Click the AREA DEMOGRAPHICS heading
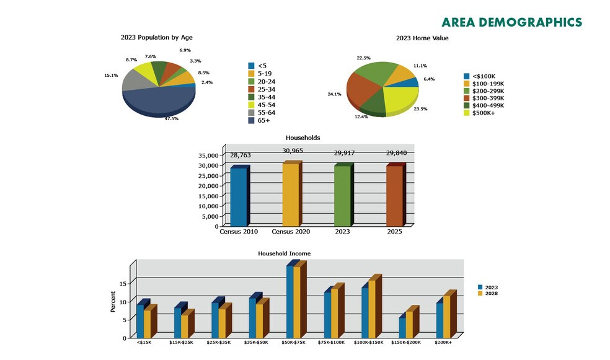tap(511, 23)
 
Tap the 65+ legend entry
tap(262, 121)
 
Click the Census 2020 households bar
tap(290, 195)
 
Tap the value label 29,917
tap(343, 153)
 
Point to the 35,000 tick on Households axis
tap(208, 155)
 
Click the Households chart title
tap(303, 138)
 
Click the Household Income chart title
tap(284, 253)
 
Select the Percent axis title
tap(113, 302)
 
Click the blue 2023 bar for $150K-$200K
tap(402, 327)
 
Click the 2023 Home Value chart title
tap(422, 38)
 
